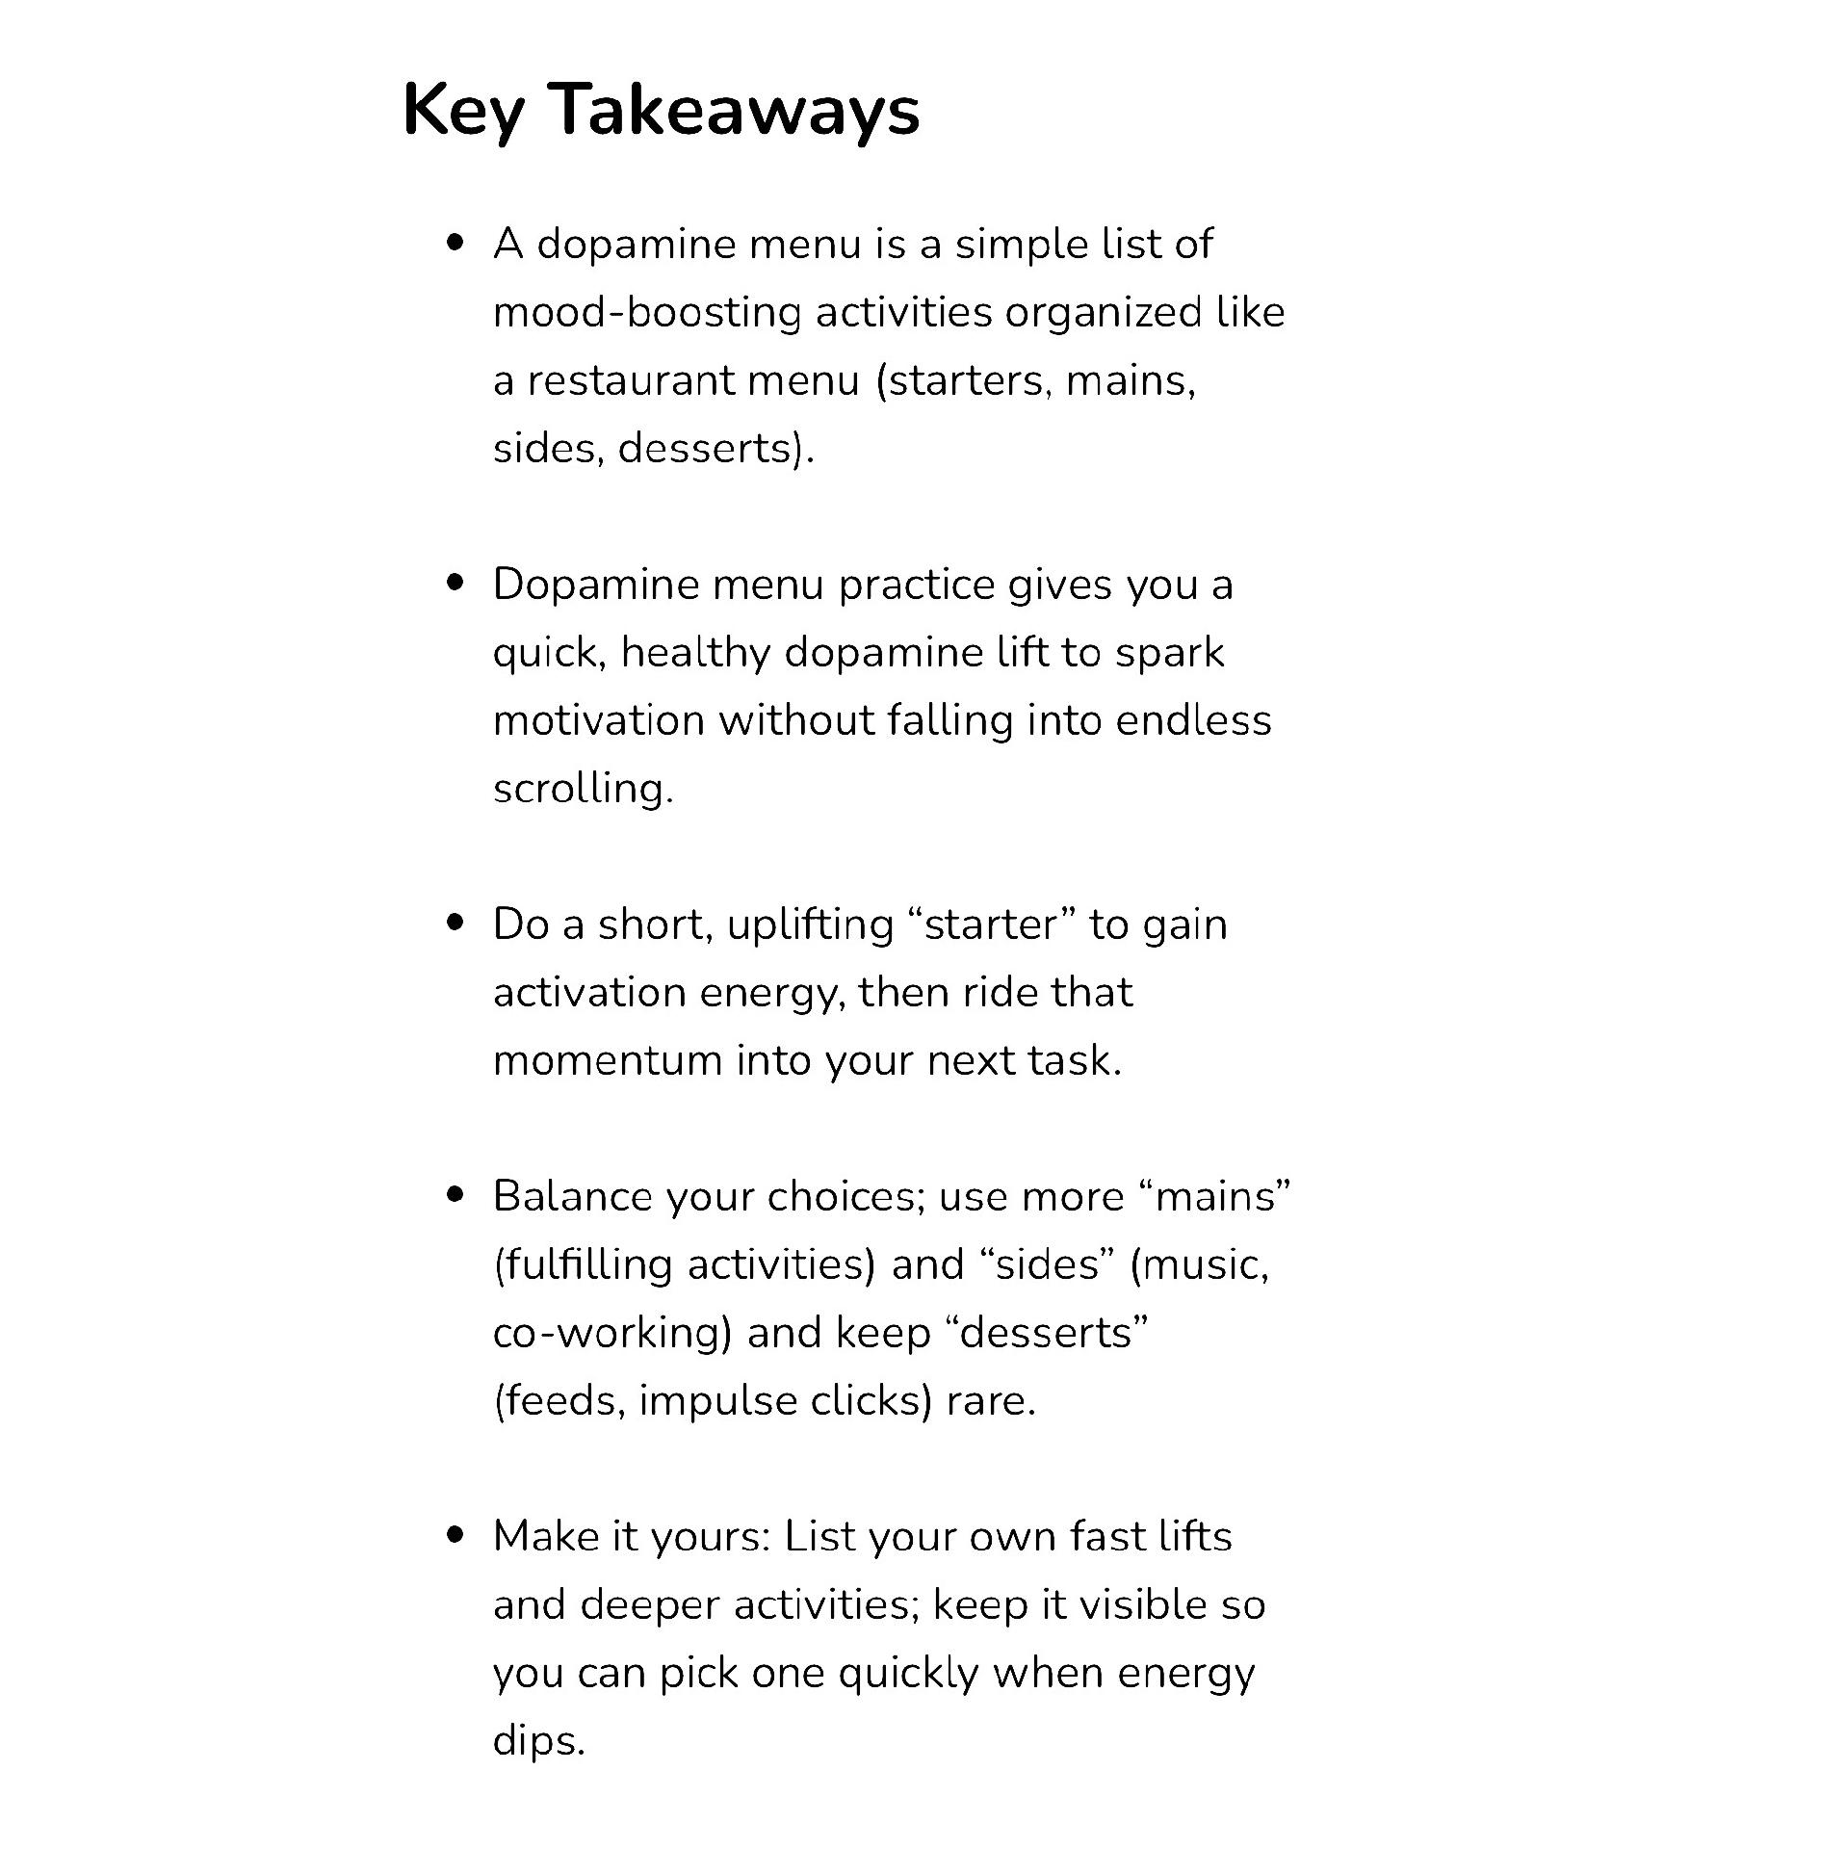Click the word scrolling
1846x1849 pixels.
point(582,789)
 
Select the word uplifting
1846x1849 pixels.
point(810,924)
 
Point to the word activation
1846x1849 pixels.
point(588,993)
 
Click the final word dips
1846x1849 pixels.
point(537,1741)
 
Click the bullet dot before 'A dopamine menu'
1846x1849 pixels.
point(455,243)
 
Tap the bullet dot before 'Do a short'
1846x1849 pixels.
point(455,924)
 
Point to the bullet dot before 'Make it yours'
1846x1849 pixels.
point(455,1536)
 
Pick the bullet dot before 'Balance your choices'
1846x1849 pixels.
point(455,1196)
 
